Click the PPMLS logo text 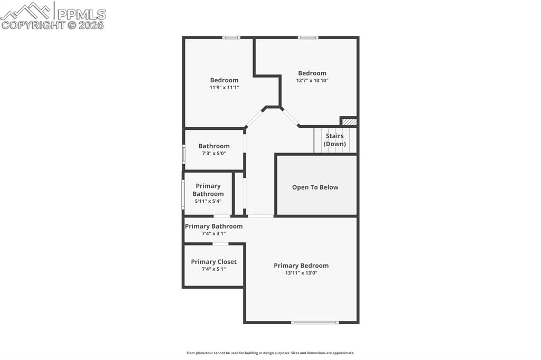tap(81, 14)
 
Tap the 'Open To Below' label tap(315, 187)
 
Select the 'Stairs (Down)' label tap(334, 140)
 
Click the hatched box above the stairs tap(349, 122)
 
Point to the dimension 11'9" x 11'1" tap(224, 88)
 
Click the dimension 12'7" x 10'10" tap(312, 80)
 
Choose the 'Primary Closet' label tap(213, 262)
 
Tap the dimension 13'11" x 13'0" tap(301, 273)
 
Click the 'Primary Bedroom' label tap(301, 266)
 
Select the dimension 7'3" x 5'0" tap(214, 154)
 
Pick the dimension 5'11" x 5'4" tap(208, 201)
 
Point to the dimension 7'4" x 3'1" tap(213, 233)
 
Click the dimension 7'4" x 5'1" tap(213, 269)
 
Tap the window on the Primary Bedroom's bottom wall tap(315, 322)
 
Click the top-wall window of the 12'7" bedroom tap(308, 37)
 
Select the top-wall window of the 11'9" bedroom tap(231, 37)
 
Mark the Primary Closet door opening tap(220, 243)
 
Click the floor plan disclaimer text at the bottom tap(270, 353)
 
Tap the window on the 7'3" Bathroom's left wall tap(183, 153)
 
